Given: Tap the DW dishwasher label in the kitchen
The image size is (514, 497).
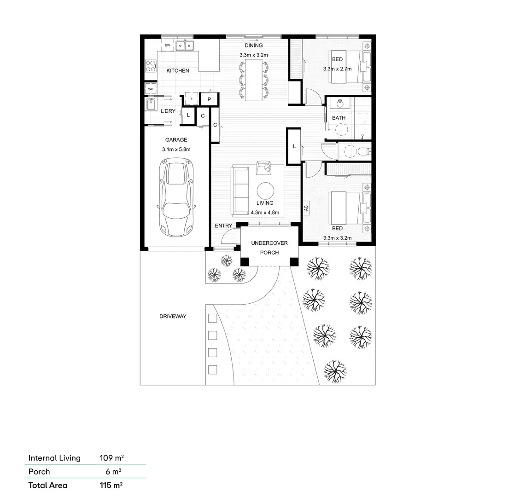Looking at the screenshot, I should [167, 46].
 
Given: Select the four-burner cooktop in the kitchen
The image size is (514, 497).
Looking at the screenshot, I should [151, 66].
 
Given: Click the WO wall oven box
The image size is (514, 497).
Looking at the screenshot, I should [151, 89].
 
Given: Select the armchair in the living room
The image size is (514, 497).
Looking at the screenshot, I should [263, 167].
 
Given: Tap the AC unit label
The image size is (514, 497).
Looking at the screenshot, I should [306, 208].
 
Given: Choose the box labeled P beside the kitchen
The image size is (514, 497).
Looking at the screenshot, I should [209, 99].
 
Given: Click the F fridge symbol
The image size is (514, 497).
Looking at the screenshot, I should [191, 99].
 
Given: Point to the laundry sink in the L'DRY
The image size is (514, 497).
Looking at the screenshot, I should [151, 104].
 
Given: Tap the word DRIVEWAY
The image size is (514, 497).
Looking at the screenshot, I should [173, 316].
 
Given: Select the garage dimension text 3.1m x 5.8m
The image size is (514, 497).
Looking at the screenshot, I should [176, 149].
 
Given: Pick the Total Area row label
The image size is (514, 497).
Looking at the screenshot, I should [47, 485].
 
